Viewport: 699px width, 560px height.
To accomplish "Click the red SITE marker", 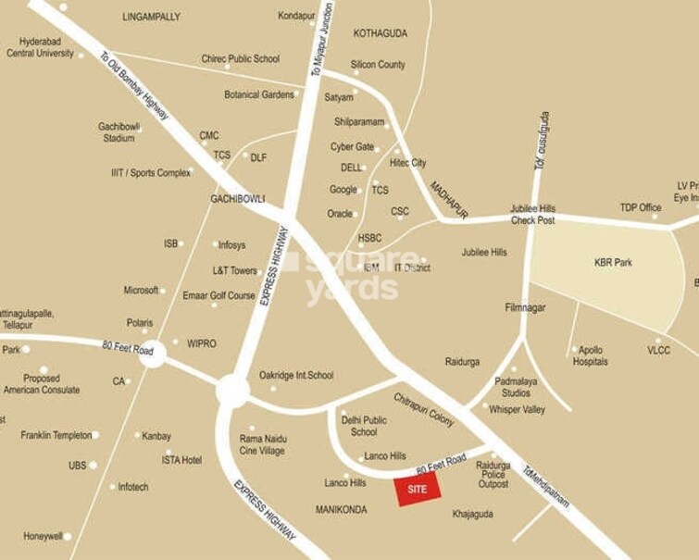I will (x=417, y=490).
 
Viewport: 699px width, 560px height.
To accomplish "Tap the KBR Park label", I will (x=613, y=263).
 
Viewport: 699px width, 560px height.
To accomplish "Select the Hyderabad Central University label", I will (x=40, y=47).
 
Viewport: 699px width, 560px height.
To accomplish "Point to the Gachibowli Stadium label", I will (x=118, y=132).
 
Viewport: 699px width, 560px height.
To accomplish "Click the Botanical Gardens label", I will (x=259, y=94).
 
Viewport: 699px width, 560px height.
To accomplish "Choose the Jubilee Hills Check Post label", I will (x=532, y=215).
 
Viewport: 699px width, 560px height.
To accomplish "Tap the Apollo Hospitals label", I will (x=591, y=356).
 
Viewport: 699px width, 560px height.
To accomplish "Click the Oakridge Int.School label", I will (x=296, y=376).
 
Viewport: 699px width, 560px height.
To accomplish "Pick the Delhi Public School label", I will (x=364, y=426).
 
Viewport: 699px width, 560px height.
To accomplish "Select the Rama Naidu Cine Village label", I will (x=263, y=444).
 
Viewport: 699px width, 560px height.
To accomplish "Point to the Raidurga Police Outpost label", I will (x=493, y=475).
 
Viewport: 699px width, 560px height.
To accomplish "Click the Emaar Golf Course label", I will (x=218, y=296).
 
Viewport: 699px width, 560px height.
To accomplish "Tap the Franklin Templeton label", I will (x=56, y=435).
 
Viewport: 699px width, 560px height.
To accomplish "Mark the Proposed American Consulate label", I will (x=42, y=384).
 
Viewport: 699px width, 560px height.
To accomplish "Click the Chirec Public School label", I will (x=240, y=59).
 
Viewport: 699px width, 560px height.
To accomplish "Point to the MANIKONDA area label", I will (x=342, y=510).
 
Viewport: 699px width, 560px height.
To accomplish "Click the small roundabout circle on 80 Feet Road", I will (x=153, y=353).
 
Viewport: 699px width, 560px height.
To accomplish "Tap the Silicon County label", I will (x=378, y=65).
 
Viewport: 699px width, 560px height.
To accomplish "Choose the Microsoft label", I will (x=141, y=291).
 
